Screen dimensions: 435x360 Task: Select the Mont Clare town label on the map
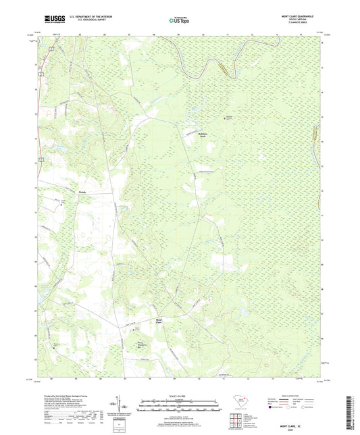159,320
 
